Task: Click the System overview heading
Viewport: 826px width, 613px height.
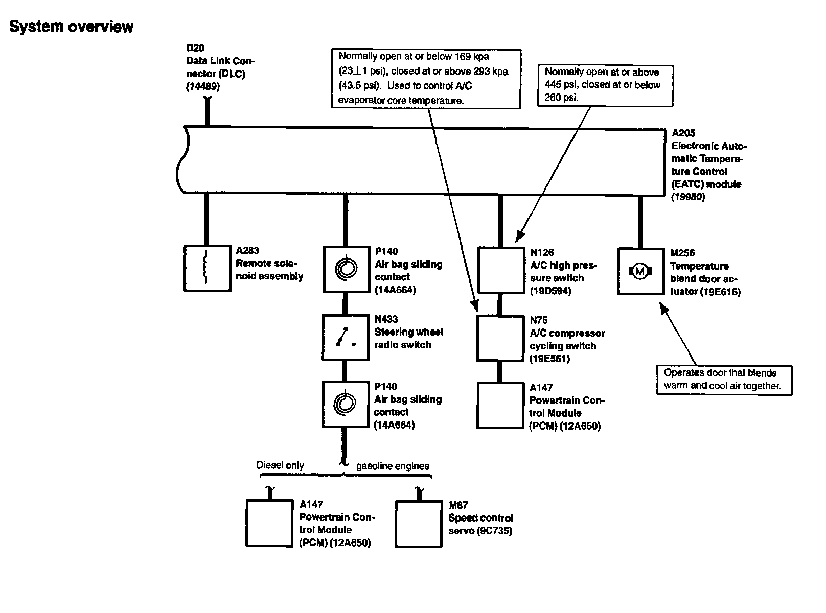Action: [x=71, y=27]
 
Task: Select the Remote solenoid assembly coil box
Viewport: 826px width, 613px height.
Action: [x=206, y=269]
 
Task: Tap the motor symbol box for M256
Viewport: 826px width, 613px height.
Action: [x=640, y=271]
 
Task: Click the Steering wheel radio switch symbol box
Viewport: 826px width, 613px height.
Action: [x=345, y=338]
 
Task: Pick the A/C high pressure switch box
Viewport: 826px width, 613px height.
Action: [x=500, y=271]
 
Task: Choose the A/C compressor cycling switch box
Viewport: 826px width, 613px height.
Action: [x=500, y=338]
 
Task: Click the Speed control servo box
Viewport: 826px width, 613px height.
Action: [x=419, y=524]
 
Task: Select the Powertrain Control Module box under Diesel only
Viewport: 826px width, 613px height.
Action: [x=269, y=523]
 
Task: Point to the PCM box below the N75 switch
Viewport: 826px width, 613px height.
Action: [x=500, y=405]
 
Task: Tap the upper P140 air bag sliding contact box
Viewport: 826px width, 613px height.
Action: [x=346, y=269]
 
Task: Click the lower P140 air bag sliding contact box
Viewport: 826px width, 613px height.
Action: [x=345, y=405]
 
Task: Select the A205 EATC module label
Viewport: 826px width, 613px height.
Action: [x=708, y=165]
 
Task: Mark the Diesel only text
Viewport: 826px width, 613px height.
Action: [x=280, y=465]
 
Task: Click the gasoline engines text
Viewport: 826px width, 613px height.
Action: [x=393, y=466]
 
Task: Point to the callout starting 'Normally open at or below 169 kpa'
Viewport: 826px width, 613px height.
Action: [x=426, y=79]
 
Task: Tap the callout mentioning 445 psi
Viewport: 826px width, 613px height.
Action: [x=605, y=85]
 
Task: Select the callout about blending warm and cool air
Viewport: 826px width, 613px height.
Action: [x=723, y=380]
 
